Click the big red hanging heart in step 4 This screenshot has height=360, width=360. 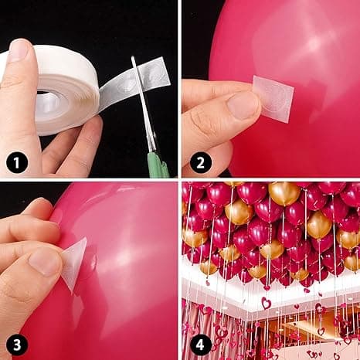pyautogui.click(x=267, y=304)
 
